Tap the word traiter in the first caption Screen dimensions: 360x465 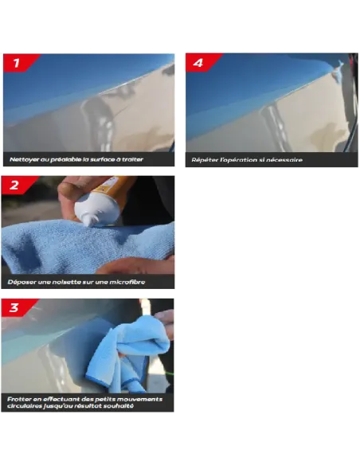(132, 159)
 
